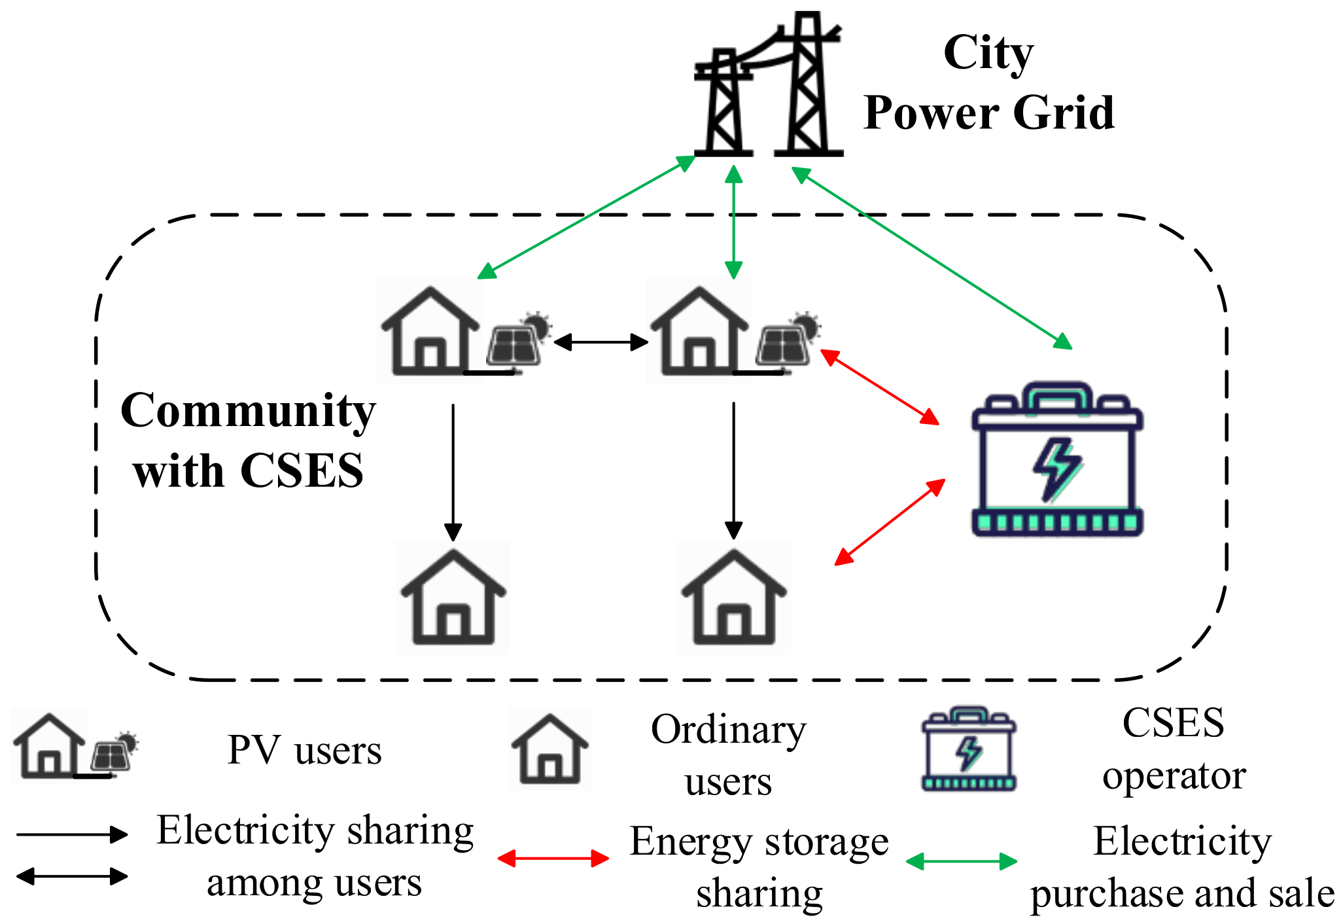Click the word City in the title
pos(988,54)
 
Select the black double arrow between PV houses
pos(601,342)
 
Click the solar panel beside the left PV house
pos(515,345)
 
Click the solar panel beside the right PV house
pos(784,345)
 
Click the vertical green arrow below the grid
pos(733,222)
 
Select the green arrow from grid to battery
pos(932,258)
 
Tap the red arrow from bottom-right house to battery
pos(890,522)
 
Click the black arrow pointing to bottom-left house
pos(453,471)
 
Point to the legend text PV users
pos(304,750)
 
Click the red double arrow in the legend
pos(553,858)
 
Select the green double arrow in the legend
pos(961,861)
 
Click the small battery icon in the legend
pos(969,749)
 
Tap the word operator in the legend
pos(1174,777)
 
